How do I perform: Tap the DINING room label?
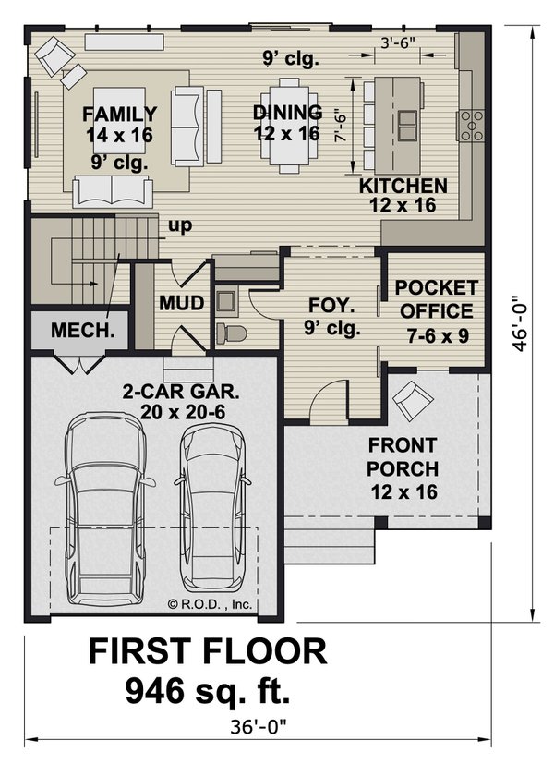tap(287, 113)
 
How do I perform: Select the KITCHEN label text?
tap(403, 186)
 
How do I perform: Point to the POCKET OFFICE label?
tap(437, 287)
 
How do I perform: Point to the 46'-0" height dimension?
tap(522, 323)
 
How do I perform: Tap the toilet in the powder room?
tap(227, 333)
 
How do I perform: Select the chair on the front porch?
tap(412, 401)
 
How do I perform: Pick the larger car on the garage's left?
tap(104, 503)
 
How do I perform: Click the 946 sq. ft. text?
tap(208, 688)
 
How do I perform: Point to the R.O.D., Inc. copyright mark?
tap(211, 605)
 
